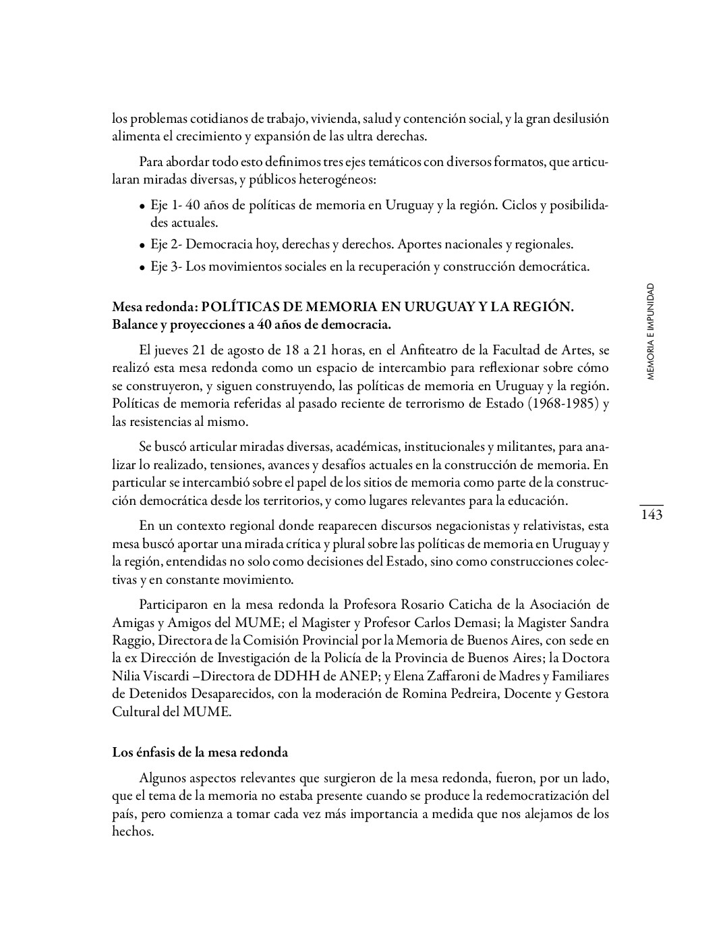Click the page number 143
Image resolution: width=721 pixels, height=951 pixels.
pos(651,515)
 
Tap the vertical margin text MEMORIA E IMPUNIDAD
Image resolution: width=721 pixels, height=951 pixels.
pos(650,331)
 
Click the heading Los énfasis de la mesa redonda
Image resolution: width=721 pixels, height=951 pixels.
pos(200,752)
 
